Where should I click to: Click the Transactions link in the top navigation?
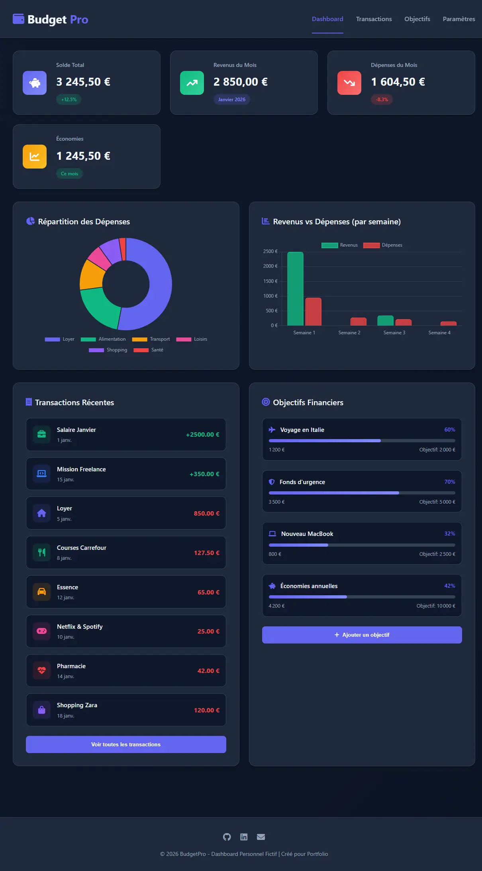(374, 19)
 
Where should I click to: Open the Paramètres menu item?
(458, 19)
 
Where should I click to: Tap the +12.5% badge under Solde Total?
(69, 100)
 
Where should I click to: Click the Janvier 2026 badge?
(231, 100)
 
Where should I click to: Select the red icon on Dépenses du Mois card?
(349, 83)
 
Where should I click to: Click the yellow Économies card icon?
(35, 157)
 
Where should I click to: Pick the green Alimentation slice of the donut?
(100, 307)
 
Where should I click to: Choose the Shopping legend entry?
(108, 350)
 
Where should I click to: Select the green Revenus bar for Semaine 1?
(295, 289)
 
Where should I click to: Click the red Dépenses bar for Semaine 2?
(358, 322)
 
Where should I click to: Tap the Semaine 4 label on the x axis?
(439, 333)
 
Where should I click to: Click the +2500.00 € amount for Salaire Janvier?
(202, 435)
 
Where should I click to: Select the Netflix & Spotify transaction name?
(80, 627)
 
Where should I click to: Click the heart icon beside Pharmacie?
(42, 671)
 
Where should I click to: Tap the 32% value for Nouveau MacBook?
(449, 534)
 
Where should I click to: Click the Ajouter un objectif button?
(362, 635)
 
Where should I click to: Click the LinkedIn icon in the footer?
(244, 837)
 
